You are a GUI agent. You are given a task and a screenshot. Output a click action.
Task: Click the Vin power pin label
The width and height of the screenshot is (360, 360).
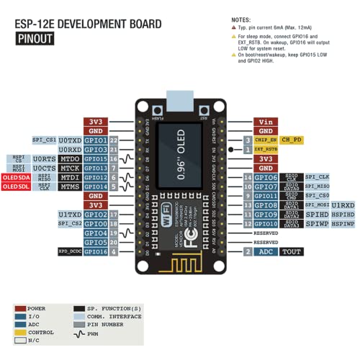[266, 122]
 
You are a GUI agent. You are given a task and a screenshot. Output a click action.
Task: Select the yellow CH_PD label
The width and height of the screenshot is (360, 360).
[291, 140]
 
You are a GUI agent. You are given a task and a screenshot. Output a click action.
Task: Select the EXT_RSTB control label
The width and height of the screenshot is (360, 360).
[266, 149]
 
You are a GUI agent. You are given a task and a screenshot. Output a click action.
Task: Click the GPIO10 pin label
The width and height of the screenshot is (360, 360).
[266, 223]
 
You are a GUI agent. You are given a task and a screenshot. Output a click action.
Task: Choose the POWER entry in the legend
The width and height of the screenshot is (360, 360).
[36, 308]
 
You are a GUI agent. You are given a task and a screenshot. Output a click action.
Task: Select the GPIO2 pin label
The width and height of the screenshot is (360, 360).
[96, 215]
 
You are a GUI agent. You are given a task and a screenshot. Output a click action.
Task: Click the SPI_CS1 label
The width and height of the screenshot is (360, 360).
[45, 140]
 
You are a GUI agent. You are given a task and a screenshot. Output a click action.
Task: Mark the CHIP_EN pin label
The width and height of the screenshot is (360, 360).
[266, 140]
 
